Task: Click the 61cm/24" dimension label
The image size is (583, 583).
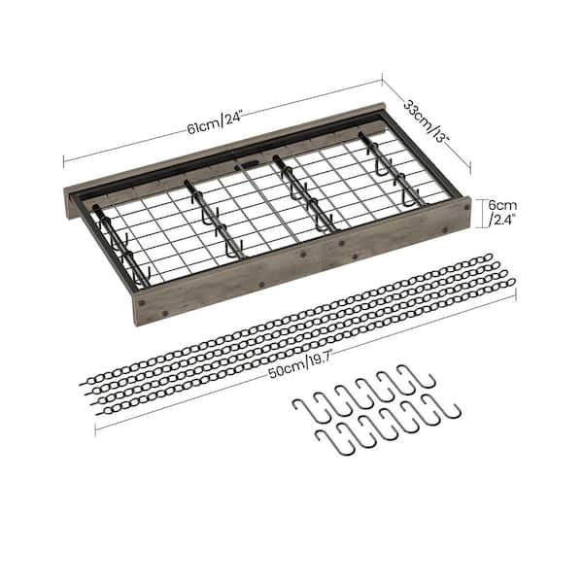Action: (215, 121)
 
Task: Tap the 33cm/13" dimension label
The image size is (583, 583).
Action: (428, 120)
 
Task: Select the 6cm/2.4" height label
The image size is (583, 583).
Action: (502, 213)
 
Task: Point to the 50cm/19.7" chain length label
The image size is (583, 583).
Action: (300, 365)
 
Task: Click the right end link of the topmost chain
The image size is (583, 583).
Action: (488, 257)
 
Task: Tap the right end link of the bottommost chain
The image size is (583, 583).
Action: (510, 283)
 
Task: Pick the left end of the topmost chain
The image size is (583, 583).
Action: (83, 384)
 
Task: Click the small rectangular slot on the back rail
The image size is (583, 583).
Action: (248, 165)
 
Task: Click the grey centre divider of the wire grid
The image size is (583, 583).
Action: (270, 203)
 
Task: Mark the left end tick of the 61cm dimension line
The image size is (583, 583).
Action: (64, 161)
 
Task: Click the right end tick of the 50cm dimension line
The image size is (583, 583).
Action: (517, 295)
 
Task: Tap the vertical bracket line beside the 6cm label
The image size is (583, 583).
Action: (482, 213)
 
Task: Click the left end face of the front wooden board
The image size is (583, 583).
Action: (137, 309)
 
